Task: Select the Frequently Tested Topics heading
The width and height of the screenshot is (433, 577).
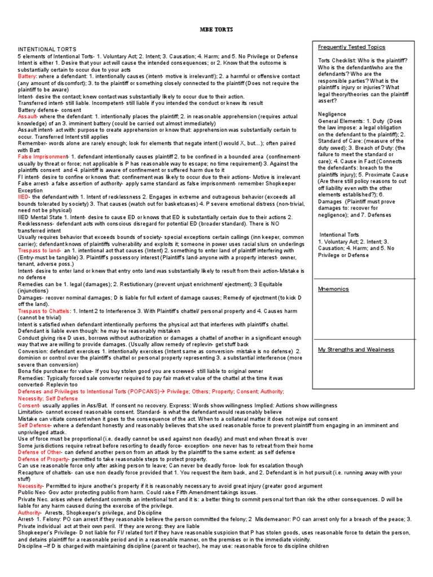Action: pyautogui.click(x=351, y=47)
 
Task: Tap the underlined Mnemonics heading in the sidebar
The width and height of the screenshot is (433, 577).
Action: pyautogui.click(x=333, y=289)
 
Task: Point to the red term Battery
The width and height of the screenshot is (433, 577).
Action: pyautogui.click(x=27, y=75)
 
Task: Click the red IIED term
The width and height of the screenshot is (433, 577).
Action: pyautogui.click(x=24, y=197)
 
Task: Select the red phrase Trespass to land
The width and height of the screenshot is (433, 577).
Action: pyautogui.click(x=39, y=250)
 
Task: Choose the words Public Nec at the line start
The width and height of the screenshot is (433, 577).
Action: pyautogui.click(x=33, y=492)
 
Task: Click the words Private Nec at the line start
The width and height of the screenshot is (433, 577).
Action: pyautogui.click(x=34, y=499)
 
